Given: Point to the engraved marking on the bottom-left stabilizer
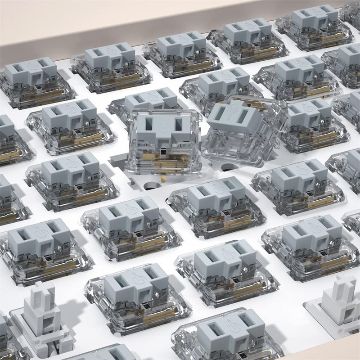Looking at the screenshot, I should tap(38, 297).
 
